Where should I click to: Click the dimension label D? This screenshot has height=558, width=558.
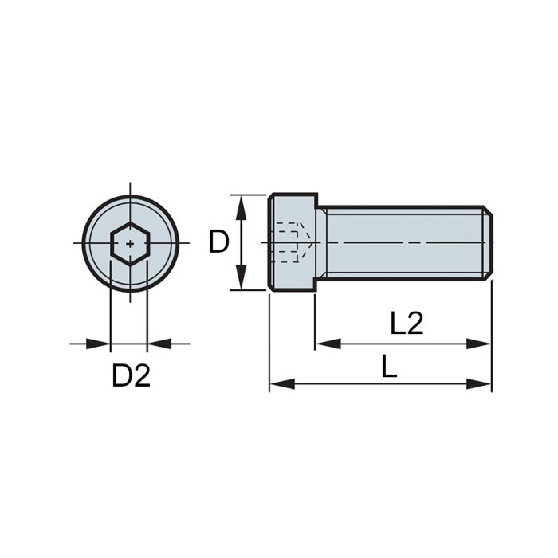click(218, 242)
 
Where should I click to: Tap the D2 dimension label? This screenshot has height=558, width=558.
click(131, 376)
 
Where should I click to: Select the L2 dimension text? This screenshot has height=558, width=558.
click(406, 324)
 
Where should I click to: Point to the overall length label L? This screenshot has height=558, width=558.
click(389, 367)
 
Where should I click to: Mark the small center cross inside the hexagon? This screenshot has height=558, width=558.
click(129, 242)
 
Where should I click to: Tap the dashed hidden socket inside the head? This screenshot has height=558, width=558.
click(292, 242)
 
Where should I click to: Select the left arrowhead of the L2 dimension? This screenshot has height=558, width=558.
click(325, 344)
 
